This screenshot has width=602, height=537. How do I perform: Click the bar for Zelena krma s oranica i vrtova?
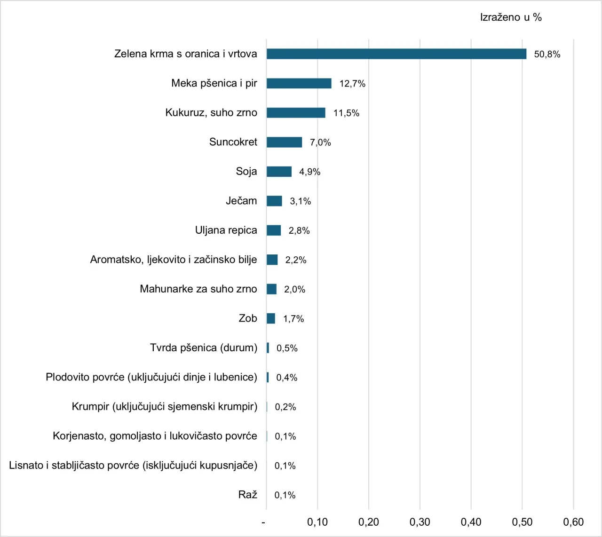(x=396, y=54)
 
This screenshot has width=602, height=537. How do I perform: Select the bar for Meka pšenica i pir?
(x=299, y=83)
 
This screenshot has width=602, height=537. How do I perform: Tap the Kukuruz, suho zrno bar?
(x=296, y=113)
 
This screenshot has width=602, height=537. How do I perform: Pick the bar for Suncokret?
(x=284, y=142)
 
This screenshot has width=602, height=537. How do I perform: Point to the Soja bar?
(x=279, y=172)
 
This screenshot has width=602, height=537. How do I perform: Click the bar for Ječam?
(x=274, y=201)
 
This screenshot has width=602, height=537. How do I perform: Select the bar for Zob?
(x=271, y=318)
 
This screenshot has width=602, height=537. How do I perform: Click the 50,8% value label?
(x=547, y=54)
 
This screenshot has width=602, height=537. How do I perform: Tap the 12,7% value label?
(x=352, y=84)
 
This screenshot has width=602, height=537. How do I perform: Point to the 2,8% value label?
(x=299, y=230)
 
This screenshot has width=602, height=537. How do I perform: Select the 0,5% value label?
(x=287, y=348)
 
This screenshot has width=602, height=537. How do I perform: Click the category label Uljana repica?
(x=226, y=230)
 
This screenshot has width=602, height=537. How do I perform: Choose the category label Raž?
(x=248, y=495)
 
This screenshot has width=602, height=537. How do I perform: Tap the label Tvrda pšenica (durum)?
(x=203, y=347)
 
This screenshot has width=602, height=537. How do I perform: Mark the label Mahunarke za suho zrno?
(x=198, y=289)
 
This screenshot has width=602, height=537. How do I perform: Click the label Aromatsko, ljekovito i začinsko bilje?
(x=173, y=260)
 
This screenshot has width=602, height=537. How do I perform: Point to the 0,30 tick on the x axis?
(x=420, y=522)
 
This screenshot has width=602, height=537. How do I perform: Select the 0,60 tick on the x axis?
(x=573, y=522)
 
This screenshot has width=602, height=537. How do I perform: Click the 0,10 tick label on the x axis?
(x=317, y=522)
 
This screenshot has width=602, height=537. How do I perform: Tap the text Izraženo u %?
(x=511, y=17)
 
